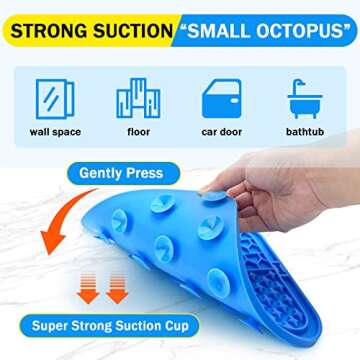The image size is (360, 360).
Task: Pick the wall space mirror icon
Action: point(55,98)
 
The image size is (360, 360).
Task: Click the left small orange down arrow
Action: point(89,294)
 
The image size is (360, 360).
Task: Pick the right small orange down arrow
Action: point(117,294)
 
